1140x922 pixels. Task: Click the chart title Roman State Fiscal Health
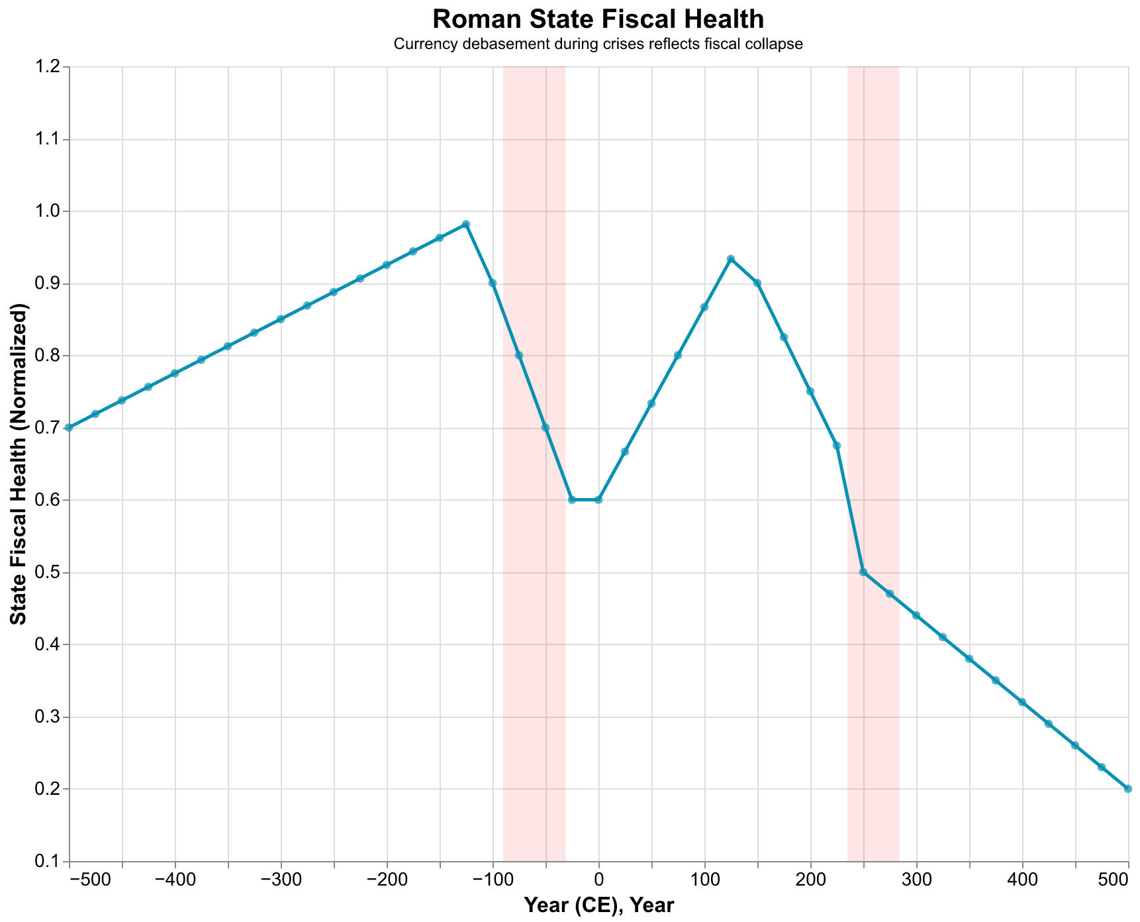click(598, 19)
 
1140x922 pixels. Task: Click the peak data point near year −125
click(466, 224)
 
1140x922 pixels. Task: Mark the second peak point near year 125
click(731, 259)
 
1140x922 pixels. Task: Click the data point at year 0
click(598, 499)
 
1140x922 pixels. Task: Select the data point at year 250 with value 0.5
click(863, 572)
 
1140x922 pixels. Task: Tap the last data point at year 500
click(1128, 789)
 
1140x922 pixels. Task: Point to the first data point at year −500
click(70, 428)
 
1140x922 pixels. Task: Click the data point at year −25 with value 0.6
click(572, 499)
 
